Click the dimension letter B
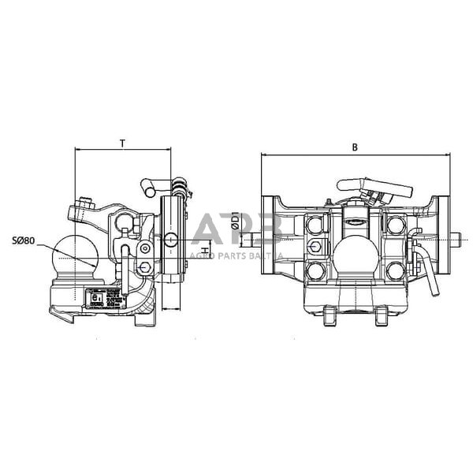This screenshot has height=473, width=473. (355, 147)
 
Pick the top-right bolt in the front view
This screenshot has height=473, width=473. (396, 225)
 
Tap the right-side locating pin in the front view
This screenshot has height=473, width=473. (458, 236)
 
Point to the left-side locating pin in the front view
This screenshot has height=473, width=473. (252, 237)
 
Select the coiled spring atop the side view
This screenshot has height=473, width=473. (182, 189)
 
